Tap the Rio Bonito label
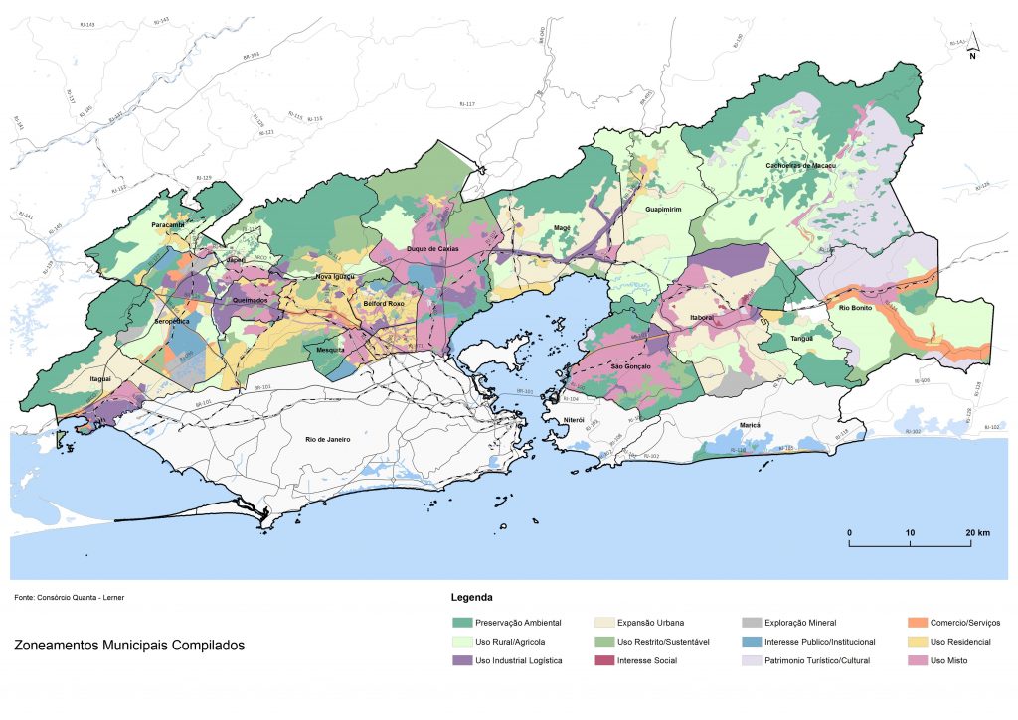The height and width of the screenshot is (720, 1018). (857, 307)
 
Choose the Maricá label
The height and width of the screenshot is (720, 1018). (750, 425)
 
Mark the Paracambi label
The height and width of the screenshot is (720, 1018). (169, 226)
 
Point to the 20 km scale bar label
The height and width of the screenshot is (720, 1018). (977, 533)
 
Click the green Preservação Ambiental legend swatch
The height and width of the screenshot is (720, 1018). (462, 623)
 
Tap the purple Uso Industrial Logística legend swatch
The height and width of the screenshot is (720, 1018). (462, 660)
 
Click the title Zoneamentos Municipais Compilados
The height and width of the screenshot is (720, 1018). (129, 646)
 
